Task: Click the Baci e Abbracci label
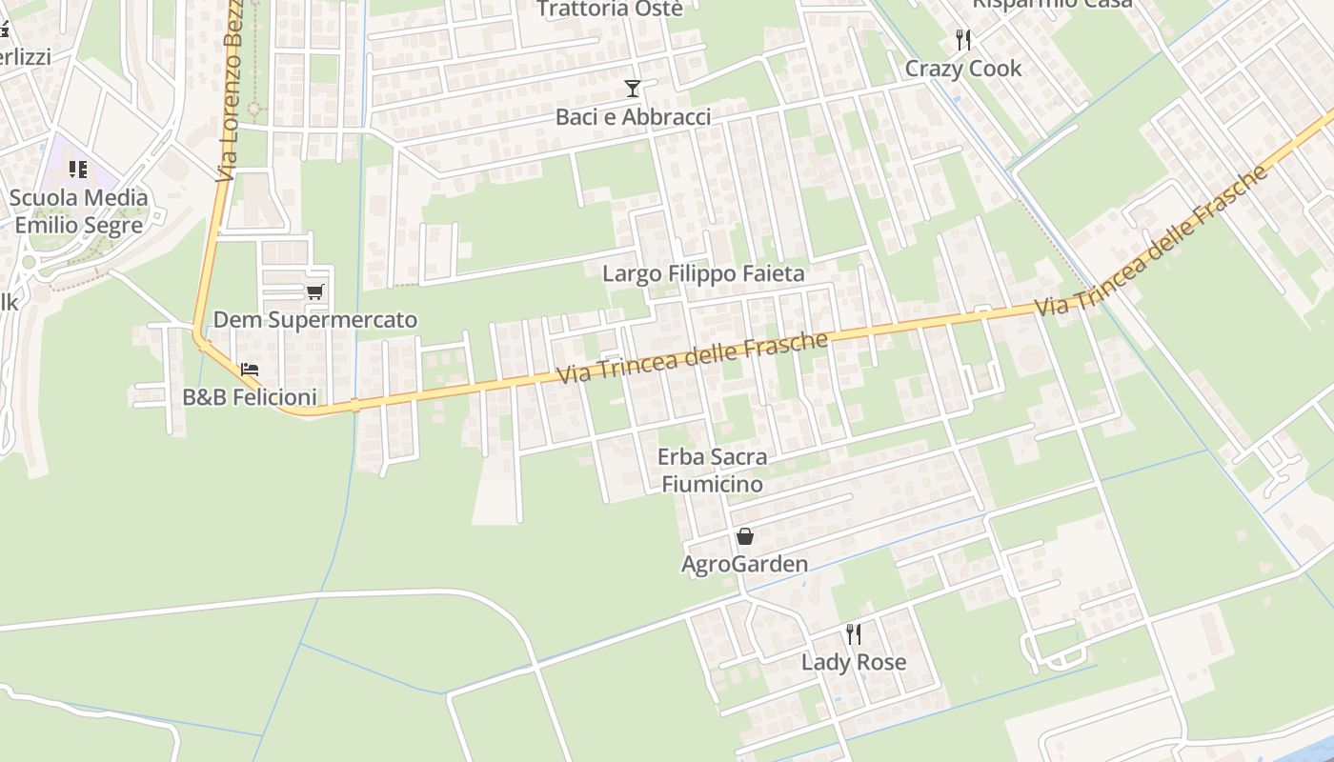[634, 117]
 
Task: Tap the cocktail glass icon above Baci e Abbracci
[633, 89]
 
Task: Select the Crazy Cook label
[962, 69]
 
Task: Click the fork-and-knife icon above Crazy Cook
[963, 40]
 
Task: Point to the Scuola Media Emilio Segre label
[79, 211]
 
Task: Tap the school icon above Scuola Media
[78, 170]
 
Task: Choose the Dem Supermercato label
[315, 319]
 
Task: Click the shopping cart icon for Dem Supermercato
[315, 291]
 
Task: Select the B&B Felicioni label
[250, 397]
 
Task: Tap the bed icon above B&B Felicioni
[250, 369]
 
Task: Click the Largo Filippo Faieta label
[703, 274]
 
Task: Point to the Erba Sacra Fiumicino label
[712, 471]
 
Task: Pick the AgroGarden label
[744, 565]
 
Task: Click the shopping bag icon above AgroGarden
[745, 536]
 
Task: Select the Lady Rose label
[854, 662]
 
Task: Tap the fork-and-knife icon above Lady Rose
[854, 633]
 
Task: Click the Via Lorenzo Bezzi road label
[230, 90]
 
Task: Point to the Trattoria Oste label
[610, 9]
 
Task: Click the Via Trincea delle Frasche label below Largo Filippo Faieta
[692, 358]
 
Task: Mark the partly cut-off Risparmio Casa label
[1052, 4]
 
